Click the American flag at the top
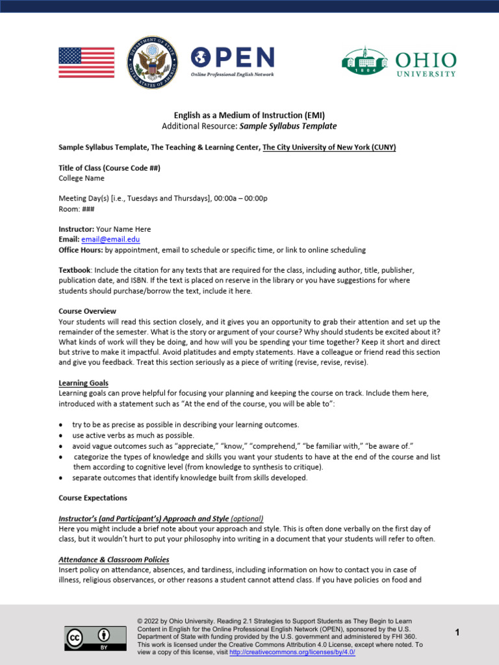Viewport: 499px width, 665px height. pyautogui.click(x=86, y=62)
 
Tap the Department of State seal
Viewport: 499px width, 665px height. pyautogui.click(x=151, y=62)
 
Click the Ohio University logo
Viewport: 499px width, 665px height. pyautogui.click(x=399, y=63)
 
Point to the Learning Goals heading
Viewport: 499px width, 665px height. pyautogui.click(x=83, y=383)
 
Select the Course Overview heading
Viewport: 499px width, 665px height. pyautogui.click(x=87, y=311)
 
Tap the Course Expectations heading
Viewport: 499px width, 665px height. pyautogui.click(x=92, y=498)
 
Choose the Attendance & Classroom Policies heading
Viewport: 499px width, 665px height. pyautogui.click(x=114, y=559)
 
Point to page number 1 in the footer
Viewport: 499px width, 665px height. pyautogui.click(x=457, y=633)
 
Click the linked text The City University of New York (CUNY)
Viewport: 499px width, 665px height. pyautogui.click(x=329, y=147)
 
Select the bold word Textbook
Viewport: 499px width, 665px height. pyautogui.click(x=73, y=270)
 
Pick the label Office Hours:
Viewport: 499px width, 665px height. pyautogui.click(x=81, y=250)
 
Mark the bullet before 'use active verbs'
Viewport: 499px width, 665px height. pyautogui.click(x=60, y=435)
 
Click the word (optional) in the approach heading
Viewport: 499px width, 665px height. pyautogui.click(x=247, y=519)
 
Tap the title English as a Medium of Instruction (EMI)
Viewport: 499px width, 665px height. pyautogui.click(x=249, y=115)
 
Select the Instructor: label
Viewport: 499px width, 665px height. pyautogui.click(x=76, y=229)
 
